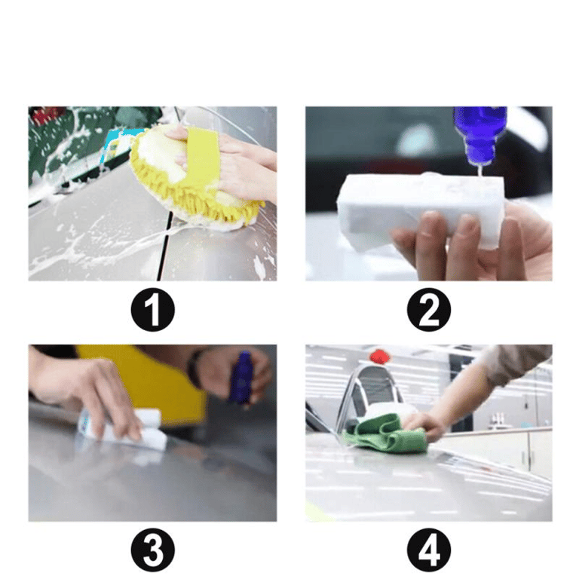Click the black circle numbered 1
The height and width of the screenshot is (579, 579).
(x=152, y=309)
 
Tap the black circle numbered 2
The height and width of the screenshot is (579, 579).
(x=429, y=309)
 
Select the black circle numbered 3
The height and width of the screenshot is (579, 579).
(x=152, y=550)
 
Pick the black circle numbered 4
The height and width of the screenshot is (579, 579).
(x=429, y=550)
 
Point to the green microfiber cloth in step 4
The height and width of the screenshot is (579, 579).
(x=384, y=432)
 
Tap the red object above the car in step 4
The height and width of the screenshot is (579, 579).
(x=379, y=357)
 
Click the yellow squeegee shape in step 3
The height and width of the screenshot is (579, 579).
(x=155, y=380)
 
